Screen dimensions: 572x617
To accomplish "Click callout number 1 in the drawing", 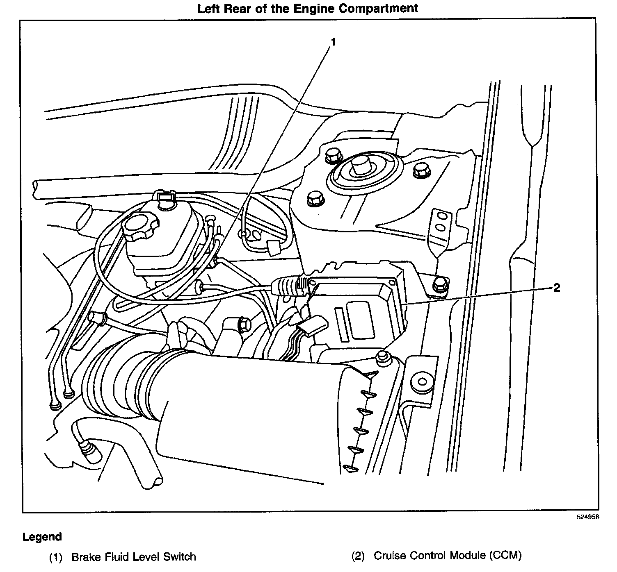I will [333, 42].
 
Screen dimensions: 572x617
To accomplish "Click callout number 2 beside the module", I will [556, 288].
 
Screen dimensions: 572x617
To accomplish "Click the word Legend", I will [42, 537].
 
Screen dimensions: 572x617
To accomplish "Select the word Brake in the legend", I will [87, 557].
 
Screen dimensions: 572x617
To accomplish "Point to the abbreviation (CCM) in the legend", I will [505, 556].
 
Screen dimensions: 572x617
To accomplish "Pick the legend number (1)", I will [55, 557].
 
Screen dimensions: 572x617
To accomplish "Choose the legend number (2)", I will [358, 556].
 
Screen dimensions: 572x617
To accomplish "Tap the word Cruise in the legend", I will [390, 556].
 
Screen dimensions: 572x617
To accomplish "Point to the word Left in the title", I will [209, 9].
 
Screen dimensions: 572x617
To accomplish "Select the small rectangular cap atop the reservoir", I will [166, 199].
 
